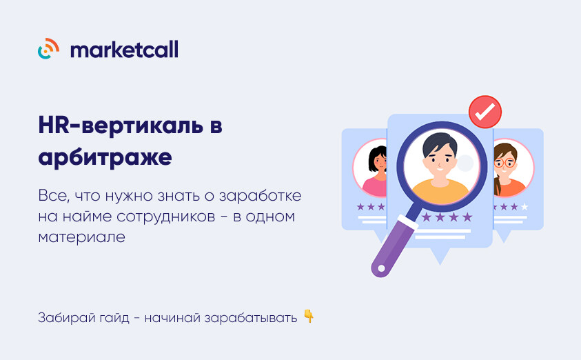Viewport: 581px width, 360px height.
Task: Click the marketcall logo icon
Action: coord(48,48)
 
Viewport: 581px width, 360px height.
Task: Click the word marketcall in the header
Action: coord(124,49)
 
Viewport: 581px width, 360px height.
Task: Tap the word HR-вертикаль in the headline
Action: coord(121,126)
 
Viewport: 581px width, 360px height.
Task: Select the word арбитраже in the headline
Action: coord(105,157)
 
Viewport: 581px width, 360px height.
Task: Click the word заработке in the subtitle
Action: coord(260,195)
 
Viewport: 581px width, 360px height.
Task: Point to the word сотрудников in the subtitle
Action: coord(166,217)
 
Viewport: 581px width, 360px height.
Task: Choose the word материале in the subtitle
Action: coord(81,237)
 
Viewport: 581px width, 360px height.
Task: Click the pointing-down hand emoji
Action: coord(309,317)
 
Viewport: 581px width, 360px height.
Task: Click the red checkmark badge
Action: coord(485,112)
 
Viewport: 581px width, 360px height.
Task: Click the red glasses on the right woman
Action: coord(504,163)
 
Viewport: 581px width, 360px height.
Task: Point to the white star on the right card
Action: coord(524,206)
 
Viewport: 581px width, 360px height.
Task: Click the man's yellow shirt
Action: coord(440,191)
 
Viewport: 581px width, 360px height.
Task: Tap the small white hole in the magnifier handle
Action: coord(381,268)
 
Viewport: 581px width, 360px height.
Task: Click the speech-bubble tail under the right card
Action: coord(503,236)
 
